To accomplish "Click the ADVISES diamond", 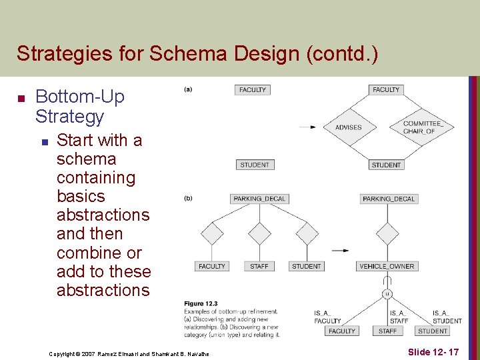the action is [349, 127].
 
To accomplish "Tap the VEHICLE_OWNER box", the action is [387, 266].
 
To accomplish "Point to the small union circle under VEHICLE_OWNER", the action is [387, 293].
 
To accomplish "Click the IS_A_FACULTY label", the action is [327, 317].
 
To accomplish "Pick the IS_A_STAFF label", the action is [399, 317].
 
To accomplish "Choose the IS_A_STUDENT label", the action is [447, 317].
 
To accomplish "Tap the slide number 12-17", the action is [433, 351].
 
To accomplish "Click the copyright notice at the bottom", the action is [129, 353].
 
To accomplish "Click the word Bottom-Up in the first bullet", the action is [79, 97].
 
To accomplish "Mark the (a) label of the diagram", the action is [188, 89].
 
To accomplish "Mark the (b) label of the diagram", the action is [188, 198].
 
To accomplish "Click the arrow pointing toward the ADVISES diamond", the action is [307, 127].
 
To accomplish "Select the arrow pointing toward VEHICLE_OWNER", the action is [340, 251].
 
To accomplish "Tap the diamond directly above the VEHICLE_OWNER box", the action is [387, 233].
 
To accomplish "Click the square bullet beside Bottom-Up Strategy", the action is [20, 99].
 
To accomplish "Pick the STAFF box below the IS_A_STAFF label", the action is [387, 331].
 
